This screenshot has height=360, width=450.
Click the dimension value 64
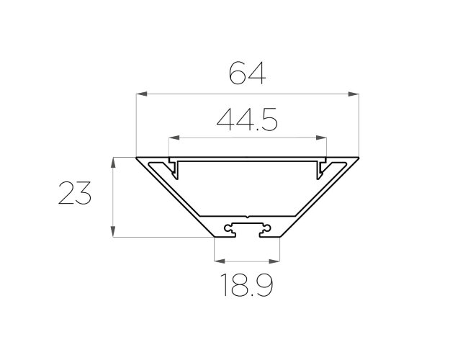[248, 73]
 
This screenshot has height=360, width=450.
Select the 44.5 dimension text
[247, 120]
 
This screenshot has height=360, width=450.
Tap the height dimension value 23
[75, 193]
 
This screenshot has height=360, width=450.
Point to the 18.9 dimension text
[247, 285]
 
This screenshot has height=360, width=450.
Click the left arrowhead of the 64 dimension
[142, 94]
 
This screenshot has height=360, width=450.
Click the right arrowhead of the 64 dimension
[354, 94]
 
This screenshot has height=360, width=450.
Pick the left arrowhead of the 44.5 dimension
[174, 138]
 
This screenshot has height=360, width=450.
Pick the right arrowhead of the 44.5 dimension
[321, 138]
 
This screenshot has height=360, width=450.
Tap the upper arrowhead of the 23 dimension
[113, 163]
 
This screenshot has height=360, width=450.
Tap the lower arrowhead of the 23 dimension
[113, 231]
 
